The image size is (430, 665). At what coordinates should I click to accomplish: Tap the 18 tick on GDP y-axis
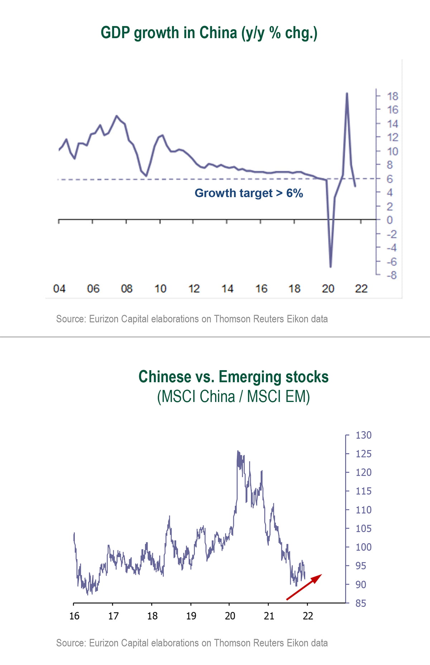click(x=392, y=96)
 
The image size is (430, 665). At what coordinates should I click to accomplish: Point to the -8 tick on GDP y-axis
click(x=391, y=275)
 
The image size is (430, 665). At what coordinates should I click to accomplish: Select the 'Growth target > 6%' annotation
click(x=249, y=193)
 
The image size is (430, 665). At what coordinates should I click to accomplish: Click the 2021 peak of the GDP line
click(x=347, y=94)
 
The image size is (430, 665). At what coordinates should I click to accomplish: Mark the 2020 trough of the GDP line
click(x=330, y=267)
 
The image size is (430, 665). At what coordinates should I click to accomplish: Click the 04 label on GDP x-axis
click(x=59, y=288)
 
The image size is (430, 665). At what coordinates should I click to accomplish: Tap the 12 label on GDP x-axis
click(x=194, y=288)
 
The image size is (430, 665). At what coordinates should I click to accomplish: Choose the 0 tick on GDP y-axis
click(x=390, y=220)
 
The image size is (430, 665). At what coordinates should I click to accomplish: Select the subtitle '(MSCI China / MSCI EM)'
click(x=233, y=397)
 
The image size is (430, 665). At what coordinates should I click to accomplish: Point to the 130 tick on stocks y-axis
click(x=363, y=435)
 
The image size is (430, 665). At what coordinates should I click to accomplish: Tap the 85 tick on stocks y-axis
click(x=360, y=603)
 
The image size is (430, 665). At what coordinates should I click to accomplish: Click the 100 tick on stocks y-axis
click(x=363, y=547)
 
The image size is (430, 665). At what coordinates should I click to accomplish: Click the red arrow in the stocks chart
click(x=304, y=587)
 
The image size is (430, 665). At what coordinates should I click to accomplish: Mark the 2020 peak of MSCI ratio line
click(x=238, y=451)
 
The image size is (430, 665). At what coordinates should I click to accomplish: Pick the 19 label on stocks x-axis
click(x=191, y=616)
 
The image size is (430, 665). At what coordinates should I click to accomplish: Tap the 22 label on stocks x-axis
click(x=308, y=616)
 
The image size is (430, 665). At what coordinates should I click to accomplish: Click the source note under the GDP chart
click(x=192, y=319)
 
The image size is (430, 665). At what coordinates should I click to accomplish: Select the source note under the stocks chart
click(x=192, y=643)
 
